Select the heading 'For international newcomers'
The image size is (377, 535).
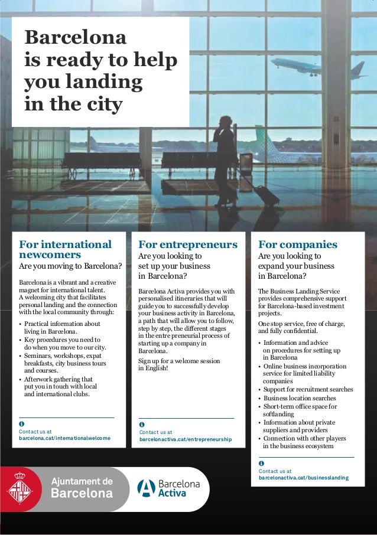pyautogui.click(x=64, y=250)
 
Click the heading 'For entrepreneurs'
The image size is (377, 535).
pyautogui.click(x=187, y=244)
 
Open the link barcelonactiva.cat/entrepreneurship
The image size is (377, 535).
pyautogui.click(x=185, y=440)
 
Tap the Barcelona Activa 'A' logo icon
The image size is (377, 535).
pyautogui.click(x=145, y=488)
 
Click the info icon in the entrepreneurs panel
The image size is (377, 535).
pyautogui.click(x=142, y=425)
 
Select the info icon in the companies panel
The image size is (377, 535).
pyautogui.click(x=261, y=463)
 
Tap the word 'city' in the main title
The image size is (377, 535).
pyautogui.click(x=102, y=105)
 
